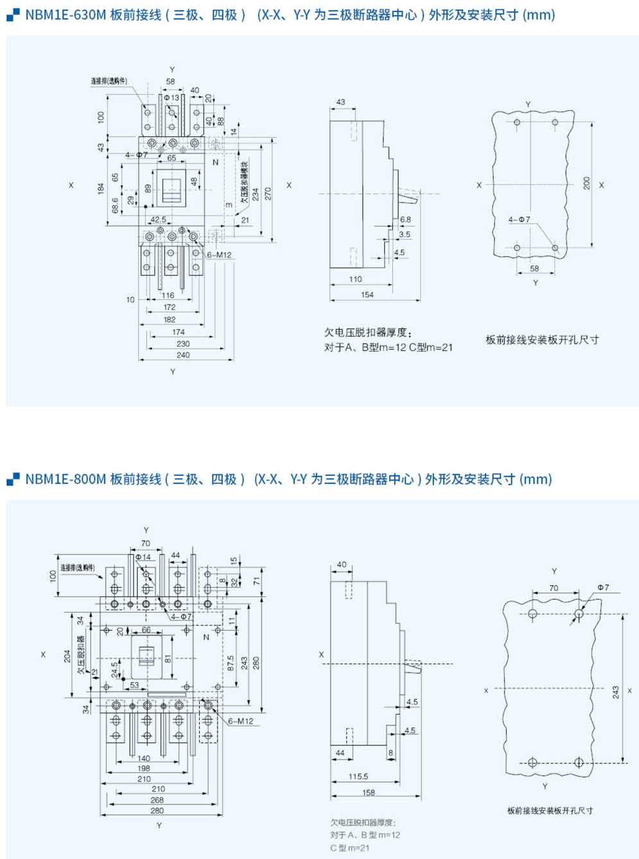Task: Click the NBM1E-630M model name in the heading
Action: tap(66, 15)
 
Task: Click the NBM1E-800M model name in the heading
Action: tap(66, 479)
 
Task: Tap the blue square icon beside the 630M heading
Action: tap(13, 15)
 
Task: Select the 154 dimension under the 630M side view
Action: tap(367, 295)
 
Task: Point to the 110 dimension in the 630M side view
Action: tap(355, 279)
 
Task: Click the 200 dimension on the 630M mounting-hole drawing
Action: tap(586, 183)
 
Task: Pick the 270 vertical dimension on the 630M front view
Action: tap(268, 193)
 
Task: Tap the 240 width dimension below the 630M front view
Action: tap(183, 355)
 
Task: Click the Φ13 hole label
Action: tap(171, 98)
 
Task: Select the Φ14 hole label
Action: tap(143, 557)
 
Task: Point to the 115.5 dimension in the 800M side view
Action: tap(358, 777)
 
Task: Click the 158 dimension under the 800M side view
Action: tap(368, 793)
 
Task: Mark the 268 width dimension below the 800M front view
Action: tap(157, 800)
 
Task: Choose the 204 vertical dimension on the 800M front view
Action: tap(67, 656)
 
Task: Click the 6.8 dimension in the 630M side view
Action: tap(405, 220)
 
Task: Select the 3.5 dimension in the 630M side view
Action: tap(404, 235)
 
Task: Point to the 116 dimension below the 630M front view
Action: tap(168, 296)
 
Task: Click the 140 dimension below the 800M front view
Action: tap(143, 759)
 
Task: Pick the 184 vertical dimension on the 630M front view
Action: tap(101, 188)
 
